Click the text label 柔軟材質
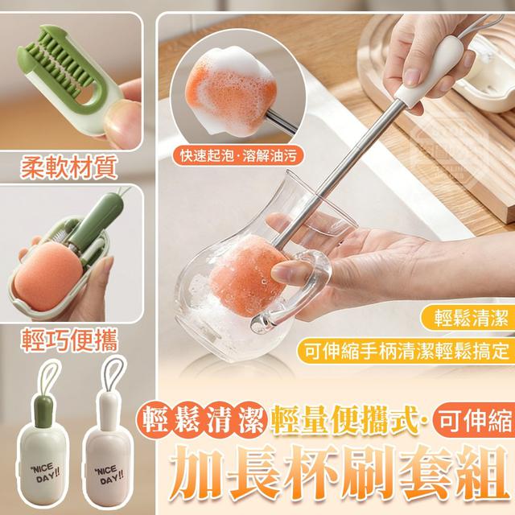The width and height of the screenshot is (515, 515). tap(70, 168)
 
